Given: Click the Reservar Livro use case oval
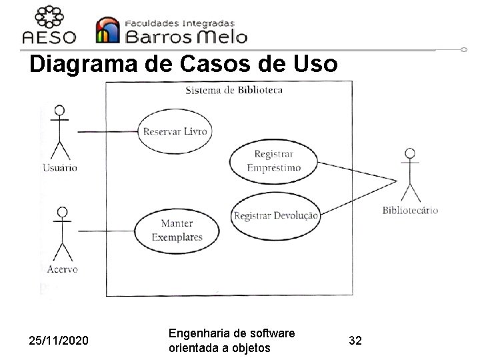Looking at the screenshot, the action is (x=175, y=131).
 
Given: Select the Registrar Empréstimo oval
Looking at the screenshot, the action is (x=274, y=161).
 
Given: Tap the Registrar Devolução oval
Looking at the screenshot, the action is (x=276, y=215).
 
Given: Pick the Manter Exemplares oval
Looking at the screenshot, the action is (x=176, y=230).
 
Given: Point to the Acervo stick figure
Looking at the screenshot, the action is (x=62, y=233).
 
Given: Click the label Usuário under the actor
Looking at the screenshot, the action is (x=60, y=167).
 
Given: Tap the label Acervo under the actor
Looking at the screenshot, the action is (x=62, y=269).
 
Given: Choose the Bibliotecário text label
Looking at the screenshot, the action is (x=410, y=211).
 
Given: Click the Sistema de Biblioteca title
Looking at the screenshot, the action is (x=233, y=90).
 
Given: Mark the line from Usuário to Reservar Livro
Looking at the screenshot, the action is (x=107, y=131).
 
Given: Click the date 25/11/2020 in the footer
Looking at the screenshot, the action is (x=58, y=341).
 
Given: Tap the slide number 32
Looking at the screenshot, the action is (x=355, y=341).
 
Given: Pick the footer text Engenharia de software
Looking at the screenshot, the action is (x=232, y=333).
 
